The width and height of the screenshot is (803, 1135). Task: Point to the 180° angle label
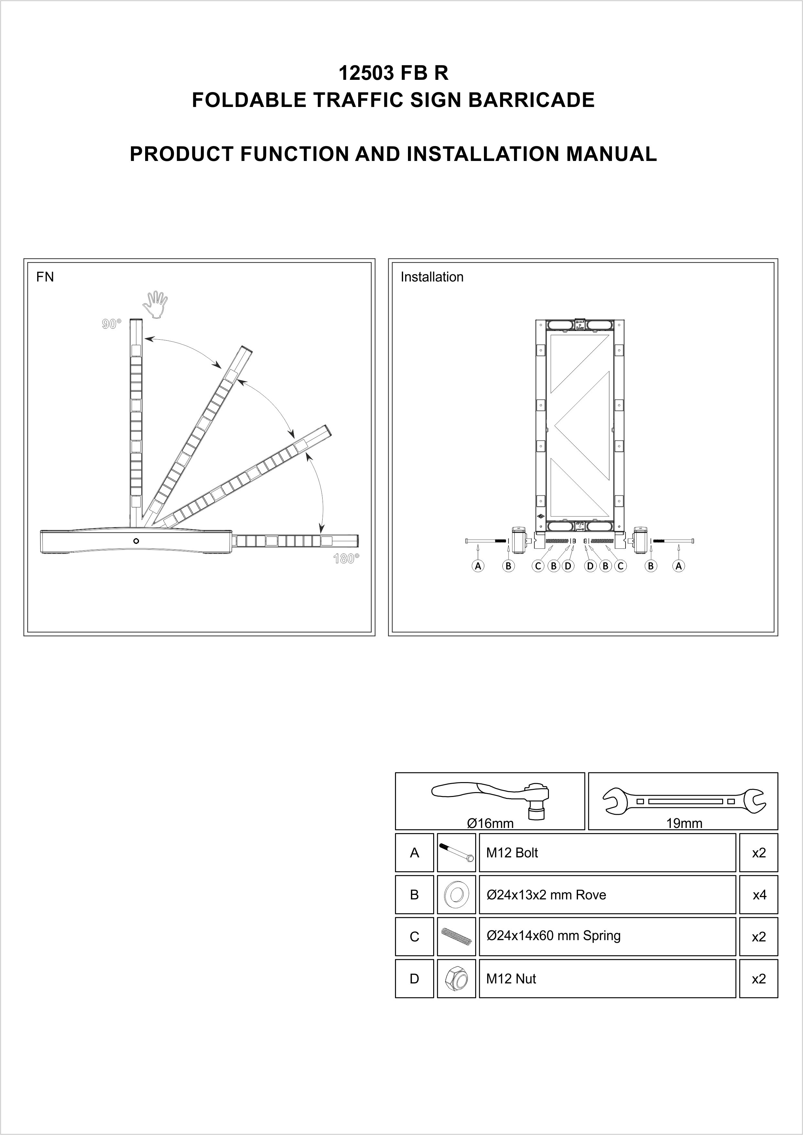[346, 558]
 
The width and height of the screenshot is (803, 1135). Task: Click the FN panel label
[45, 277]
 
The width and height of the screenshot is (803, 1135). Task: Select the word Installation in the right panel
[432, 277]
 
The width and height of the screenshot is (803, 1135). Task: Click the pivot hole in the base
[136, 541]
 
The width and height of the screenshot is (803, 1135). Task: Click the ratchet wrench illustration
[495, 795]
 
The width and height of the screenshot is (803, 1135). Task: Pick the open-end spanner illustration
[684, 801]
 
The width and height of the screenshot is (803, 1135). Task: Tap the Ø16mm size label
[490, 823]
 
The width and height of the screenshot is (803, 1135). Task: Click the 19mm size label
[684, 823]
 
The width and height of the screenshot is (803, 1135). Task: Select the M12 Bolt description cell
[607, 853]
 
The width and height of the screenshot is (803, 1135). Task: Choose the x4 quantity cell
[758, 895]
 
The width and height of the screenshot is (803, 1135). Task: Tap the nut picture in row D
[456, 979]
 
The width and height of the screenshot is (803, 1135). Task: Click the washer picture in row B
[456, 895]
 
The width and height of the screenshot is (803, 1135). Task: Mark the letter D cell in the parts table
[414, 979]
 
